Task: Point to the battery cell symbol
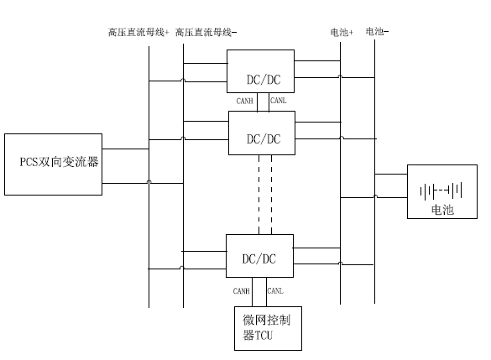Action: (441, 190)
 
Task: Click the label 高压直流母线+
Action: (138, 32)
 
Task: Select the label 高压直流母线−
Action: (206, 32)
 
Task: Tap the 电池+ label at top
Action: (342, 32)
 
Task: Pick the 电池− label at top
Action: (377, 31)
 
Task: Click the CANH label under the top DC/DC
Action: (244, 101)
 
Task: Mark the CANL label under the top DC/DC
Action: (279, 101)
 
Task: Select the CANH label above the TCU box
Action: (241, 291)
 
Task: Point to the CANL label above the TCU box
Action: (275, 291)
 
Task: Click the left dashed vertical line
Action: (259, 195)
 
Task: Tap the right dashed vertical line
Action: (271, 195)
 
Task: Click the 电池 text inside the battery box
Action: (442, 210)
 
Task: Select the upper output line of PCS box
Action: (125, 149)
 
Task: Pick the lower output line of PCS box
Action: (143, 183)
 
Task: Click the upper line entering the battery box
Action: (391, 174)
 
